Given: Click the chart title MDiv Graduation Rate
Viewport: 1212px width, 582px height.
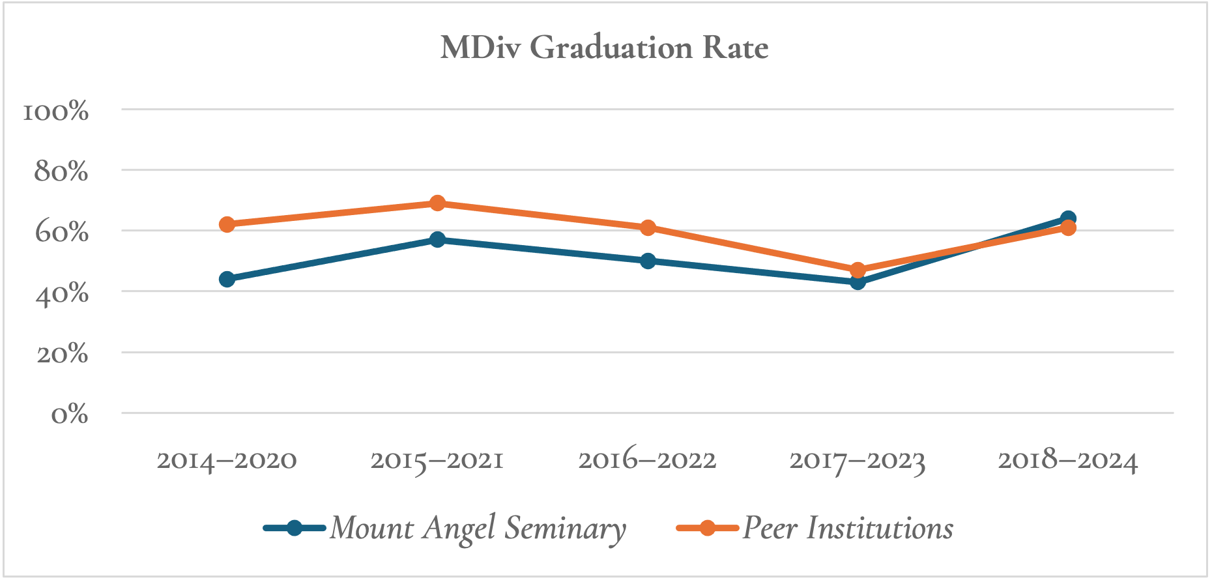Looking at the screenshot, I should point(604,48).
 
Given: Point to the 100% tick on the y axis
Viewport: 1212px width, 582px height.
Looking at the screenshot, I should point(55,111).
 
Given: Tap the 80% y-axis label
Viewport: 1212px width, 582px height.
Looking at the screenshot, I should point(61,171).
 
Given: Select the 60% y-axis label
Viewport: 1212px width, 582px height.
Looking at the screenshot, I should point(61,232).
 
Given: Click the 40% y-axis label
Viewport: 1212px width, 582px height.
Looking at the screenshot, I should point(61,293).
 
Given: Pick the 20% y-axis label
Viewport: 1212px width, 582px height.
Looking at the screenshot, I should point(62,354).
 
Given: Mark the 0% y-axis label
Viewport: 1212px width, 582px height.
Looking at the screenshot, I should point(70,414).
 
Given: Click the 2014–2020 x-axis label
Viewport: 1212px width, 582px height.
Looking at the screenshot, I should point(227,460).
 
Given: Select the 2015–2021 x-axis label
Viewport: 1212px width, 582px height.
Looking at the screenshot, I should point(437,460).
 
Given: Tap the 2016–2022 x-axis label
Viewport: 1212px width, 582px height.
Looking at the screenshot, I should point(647,460).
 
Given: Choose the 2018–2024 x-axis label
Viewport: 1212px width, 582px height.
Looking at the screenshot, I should point(1068,460).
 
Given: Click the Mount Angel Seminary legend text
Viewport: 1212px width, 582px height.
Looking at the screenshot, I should point(477,528).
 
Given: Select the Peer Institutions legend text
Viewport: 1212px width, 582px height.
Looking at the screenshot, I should point(848,528).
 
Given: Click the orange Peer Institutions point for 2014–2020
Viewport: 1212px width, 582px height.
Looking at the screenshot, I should point(227,225).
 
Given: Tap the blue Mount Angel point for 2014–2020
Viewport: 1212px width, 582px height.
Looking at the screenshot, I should point(227,280).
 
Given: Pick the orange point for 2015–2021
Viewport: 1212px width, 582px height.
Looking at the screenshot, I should point(437,203).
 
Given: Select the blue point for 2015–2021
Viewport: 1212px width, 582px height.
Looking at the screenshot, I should point(437,240).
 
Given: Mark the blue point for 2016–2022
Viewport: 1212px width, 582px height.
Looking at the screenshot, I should point(648,261).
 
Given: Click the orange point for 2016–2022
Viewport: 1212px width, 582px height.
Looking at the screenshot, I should point(648,227).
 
